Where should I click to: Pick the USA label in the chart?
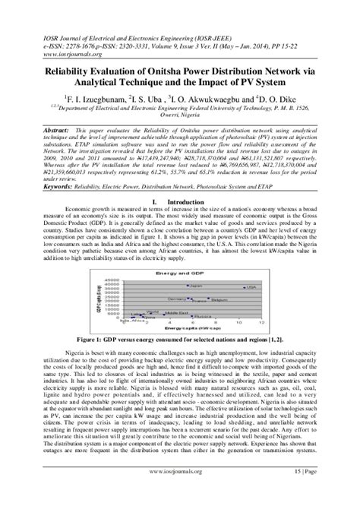(252, 267)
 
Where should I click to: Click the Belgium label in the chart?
(219, 279)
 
